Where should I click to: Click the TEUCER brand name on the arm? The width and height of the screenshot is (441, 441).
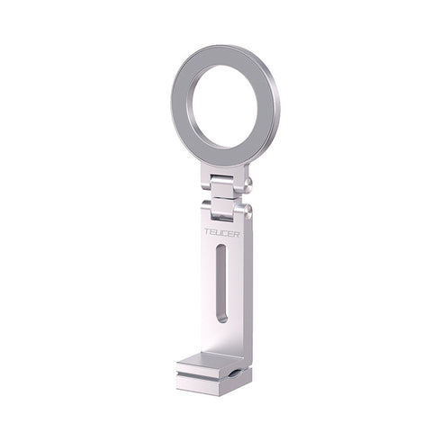222,233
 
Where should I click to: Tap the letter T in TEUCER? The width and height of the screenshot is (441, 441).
207,232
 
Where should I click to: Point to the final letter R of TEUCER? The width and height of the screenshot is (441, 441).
237,234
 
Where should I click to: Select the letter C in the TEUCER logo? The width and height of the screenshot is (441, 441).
225,233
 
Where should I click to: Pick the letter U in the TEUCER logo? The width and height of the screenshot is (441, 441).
219,233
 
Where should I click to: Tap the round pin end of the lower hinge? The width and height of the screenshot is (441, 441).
248,211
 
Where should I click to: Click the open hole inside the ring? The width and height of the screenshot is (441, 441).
224,107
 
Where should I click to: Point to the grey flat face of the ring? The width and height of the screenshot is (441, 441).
181,105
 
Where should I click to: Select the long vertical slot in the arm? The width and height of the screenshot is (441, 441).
221,283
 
